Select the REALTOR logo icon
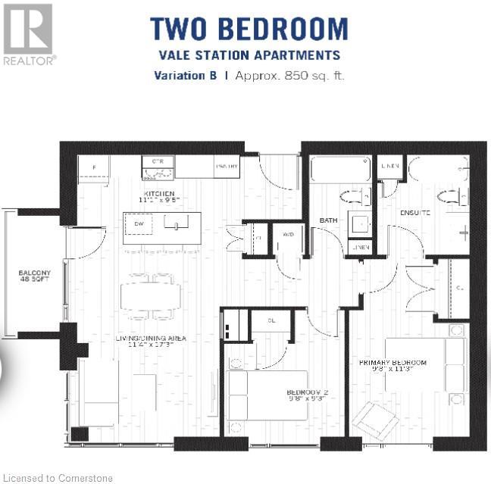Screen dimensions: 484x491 tap(28, 30)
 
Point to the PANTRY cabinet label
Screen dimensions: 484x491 tap(227, 166)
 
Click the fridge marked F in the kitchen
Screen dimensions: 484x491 tap(94, 168)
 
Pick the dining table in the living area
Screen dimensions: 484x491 tap(150, 295)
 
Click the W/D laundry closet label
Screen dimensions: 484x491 tap(288, 235)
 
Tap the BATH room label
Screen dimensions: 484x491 tap(327, 220)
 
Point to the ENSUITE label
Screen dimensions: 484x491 tap(415, 213)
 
